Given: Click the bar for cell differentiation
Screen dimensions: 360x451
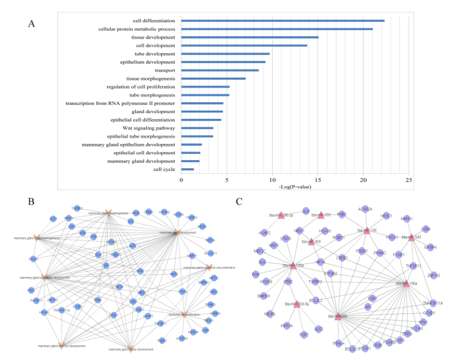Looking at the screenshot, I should pyautogui.click(x=283, y=21).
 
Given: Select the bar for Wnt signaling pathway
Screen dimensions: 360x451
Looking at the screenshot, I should pyautogui.click(x=197, y=128).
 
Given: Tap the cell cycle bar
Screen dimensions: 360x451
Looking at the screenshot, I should pyautogui.click(x=187, y=169).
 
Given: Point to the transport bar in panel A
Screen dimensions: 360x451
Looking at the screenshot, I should pyautogui.click(x=220, y=70).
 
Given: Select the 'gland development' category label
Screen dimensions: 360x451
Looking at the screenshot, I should pyautogui.click(x=154, y=111).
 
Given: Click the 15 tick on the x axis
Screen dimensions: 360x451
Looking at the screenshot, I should pyautogui.click(x=318, y=179).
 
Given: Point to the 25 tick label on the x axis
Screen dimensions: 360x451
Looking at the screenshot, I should pyautogui.click(x=409, y=179).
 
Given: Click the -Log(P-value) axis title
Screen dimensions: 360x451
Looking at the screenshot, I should pyautogui.click(x=295, y=187).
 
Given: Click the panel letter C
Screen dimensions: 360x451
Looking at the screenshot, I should pyautogui.click(x=239, y=201).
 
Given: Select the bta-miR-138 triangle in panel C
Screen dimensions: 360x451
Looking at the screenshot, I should pyautogui.click(x=367, y=230).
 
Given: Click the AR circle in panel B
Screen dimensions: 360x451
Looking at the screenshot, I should pyautogui.click(x=107, y=266).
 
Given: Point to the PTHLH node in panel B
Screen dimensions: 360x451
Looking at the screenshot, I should pyautogui.click(x=34, y=259).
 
